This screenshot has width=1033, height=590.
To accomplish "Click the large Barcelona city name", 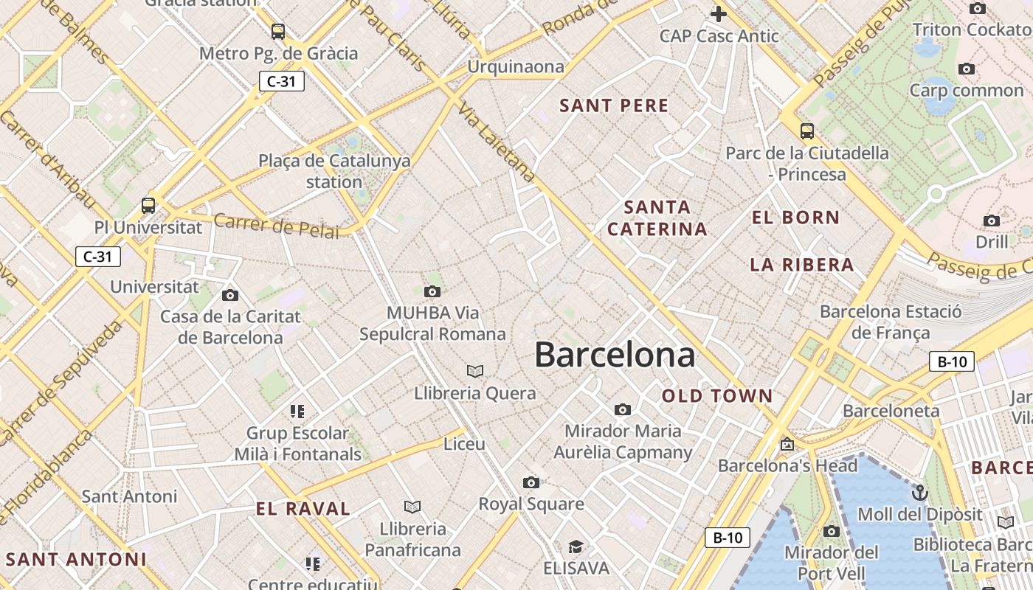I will (615, 355).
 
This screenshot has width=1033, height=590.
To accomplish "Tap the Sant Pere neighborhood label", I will (614, 105).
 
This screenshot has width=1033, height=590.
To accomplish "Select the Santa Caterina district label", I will (657, 218).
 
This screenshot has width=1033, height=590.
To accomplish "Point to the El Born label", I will (795, 218).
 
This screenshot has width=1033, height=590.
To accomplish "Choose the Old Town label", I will (717, 396).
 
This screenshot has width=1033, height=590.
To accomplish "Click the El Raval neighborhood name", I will (303, 508).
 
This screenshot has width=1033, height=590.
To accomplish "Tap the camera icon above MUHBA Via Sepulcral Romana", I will (432, 292).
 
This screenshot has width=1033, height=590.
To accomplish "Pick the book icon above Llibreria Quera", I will (475, 371).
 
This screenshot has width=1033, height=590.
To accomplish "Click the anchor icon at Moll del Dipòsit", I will (919, 493).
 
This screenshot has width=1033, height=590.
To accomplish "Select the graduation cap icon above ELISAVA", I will (576, 547).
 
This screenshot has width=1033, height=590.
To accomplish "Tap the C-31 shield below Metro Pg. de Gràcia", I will (281, 81).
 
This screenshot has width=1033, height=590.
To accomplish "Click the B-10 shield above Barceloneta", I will (952, 361).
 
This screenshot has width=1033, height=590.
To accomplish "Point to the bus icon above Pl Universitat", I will (148, 206).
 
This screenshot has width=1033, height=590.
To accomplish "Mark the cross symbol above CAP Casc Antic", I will (718, 13).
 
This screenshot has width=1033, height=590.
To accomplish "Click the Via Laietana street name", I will (496, 143).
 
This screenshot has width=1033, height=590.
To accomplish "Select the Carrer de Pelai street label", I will (277, 226).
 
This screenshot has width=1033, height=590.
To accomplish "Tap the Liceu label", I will (464, 444).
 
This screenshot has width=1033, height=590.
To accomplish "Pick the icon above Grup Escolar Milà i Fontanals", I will (297, 411).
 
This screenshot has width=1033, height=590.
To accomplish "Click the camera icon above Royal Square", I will (531, 483).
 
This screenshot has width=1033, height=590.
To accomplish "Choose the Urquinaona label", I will (515, 67).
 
